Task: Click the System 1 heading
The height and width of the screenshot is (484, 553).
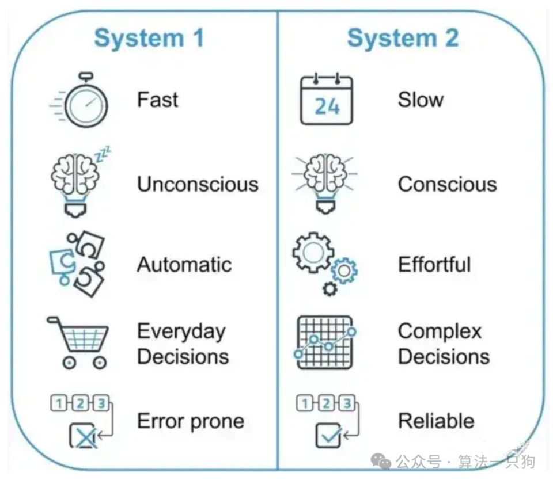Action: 149,37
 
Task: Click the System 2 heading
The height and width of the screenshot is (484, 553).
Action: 403,37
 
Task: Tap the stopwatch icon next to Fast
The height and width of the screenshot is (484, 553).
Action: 79,100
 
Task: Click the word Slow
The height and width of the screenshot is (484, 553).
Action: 421,100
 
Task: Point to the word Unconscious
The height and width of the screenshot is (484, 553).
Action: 198,184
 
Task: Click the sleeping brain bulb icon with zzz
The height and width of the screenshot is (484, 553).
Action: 79,181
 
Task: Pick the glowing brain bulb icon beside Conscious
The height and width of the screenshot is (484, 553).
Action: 324,183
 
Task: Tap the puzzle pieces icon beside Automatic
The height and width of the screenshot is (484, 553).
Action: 77,265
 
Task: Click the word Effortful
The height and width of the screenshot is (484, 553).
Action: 434,264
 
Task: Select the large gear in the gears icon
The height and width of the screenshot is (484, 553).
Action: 313,252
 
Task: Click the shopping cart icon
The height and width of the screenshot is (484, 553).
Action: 78,342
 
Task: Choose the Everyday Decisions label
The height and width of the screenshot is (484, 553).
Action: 183,344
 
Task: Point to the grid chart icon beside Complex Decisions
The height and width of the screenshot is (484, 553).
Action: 325,342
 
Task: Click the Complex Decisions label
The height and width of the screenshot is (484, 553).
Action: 444,344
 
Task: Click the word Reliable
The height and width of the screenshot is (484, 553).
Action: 436,421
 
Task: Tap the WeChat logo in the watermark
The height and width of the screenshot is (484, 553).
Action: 381,460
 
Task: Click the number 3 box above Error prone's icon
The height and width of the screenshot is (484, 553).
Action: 101,403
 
